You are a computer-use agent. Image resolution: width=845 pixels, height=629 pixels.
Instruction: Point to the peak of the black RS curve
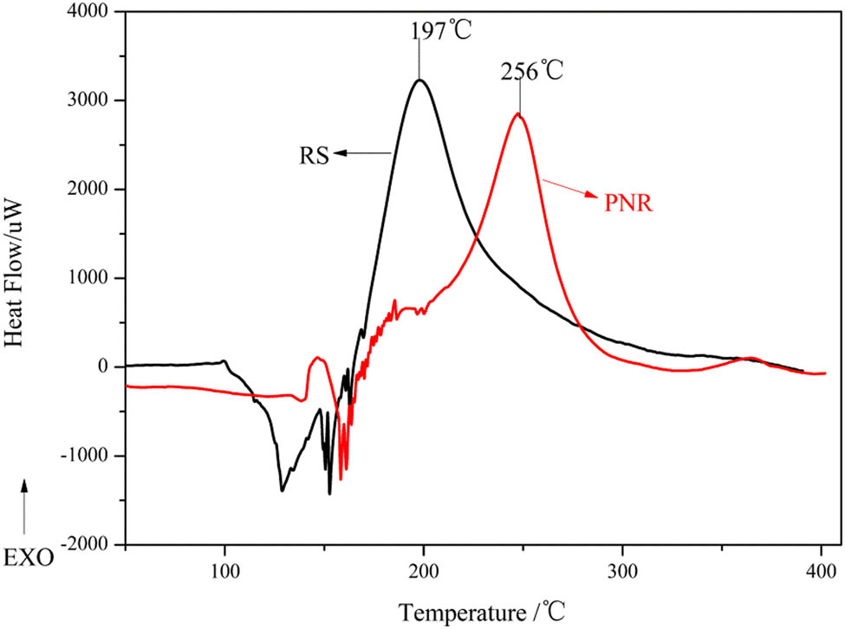[419, 80]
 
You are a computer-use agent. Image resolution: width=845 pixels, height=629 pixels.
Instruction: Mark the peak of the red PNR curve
[518, 113]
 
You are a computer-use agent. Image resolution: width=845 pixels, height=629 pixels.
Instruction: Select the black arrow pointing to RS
[364, 153]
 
